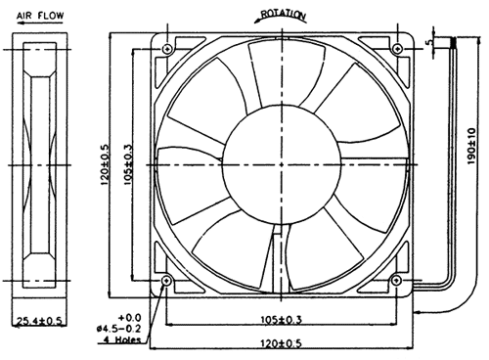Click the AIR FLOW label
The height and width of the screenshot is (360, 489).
point(40,16)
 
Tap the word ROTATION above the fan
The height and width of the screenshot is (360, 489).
point(284,14)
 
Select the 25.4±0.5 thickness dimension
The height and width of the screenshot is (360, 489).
point(39,322)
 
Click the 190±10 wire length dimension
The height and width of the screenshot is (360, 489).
point(471,147)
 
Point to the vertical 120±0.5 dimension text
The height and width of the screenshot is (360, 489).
point(105,163)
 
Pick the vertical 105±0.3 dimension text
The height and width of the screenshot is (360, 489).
point(129,165)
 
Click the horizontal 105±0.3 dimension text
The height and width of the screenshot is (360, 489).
point(282,320)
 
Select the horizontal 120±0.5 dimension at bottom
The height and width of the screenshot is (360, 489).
point(281,343)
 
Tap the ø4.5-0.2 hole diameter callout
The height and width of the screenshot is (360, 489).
point(118,329)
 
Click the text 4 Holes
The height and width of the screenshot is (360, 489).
point(122,339)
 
